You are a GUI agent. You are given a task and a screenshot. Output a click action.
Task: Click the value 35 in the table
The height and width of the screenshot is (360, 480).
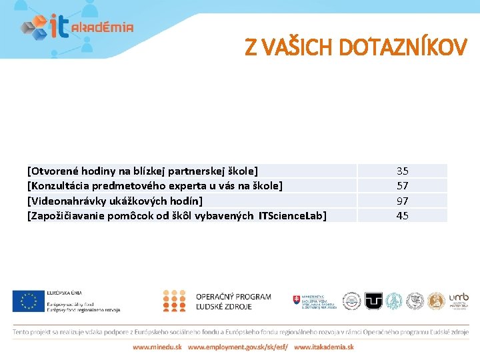coord(403,171)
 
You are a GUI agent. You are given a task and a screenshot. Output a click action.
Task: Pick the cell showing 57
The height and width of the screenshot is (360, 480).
coord(403,185)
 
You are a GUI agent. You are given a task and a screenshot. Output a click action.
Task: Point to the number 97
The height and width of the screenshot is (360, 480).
coord(403,201)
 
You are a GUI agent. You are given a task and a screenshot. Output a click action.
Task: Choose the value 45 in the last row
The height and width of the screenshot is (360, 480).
coord(403,215)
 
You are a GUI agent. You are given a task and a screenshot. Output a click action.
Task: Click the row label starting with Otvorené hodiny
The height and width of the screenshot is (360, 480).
coord(142,171)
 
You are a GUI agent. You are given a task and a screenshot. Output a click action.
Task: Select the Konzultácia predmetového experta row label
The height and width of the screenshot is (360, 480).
coord(155,185)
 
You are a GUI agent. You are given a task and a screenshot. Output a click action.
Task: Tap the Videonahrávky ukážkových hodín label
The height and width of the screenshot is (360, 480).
coord(115,201)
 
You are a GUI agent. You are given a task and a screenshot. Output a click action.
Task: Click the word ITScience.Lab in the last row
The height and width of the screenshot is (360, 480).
coord(292,215)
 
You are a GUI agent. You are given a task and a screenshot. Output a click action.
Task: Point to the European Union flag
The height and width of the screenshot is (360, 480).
coord(27,301)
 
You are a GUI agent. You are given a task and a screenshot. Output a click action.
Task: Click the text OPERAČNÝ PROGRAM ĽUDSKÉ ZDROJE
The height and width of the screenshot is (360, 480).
coord(233,301)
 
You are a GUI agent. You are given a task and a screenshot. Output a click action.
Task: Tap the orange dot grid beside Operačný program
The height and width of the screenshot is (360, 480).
coord(174,301)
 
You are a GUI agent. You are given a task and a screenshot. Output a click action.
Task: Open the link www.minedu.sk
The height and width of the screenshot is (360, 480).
coord(157,347)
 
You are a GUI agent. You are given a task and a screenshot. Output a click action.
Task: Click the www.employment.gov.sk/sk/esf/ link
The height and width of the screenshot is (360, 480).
coord(237,347)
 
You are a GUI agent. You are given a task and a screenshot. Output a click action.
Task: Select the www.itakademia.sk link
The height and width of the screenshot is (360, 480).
coord(324,347)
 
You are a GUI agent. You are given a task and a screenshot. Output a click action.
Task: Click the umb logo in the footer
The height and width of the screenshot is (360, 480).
coord(459,301)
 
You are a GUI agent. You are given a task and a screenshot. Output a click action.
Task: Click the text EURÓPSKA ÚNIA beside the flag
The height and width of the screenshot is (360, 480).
coord(64,293)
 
